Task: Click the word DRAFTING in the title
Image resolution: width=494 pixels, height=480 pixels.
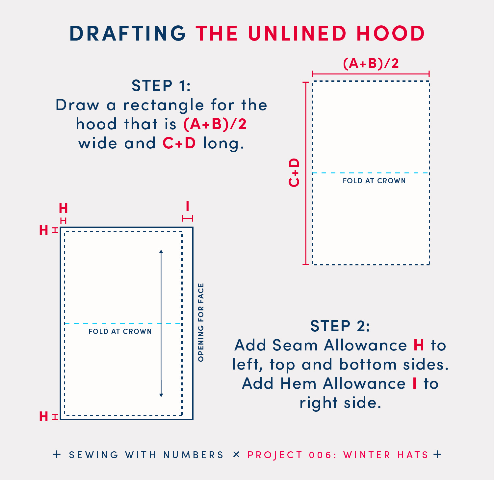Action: click(x=128, y=33)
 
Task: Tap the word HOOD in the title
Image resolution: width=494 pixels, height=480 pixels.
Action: click(x=391, y=33)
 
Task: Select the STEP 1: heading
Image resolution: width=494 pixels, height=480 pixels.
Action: click(x=161, y=86)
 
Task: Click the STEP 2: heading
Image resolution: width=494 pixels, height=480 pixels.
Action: click(x=340, y=326)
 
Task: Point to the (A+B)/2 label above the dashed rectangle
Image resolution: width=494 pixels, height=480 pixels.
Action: click(x=371, y=63)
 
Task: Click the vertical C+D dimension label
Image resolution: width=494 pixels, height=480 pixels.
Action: click(x=294, y=172)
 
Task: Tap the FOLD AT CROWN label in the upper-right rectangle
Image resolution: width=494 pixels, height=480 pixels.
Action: click(x=374, y=181)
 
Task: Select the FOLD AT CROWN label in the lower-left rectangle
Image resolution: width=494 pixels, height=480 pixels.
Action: click(x=120, y=331)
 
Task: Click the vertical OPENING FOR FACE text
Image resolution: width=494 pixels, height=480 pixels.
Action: click(x=201, y=322)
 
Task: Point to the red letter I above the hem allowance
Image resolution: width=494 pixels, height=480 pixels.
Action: click(x=188, y=206)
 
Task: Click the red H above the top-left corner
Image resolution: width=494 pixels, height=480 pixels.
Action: click(x=63, y=208)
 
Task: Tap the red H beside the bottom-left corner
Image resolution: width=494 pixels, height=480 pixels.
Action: click(x=44, y=417)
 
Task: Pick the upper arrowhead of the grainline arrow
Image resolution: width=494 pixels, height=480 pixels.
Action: click(x=161, y=252)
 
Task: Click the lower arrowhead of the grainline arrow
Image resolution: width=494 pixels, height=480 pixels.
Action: click(x=161, y=395)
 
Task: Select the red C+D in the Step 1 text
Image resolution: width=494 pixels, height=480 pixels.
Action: click(x=179, y=143)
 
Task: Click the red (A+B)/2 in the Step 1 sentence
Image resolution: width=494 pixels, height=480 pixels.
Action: click(x=215, y=124)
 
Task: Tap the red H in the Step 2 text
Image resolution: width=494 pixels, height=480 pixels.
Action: click(x=419, y=345)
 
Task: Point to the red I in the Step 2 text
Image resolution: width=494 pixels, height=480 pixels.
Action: click(x=415, y=383)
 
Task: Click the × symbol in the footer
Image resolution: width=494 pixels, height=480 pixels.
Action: click(x=236, y=455)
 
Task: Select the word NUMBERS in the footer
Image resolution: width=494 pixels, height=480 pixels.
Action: click(x=194, y=455)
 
